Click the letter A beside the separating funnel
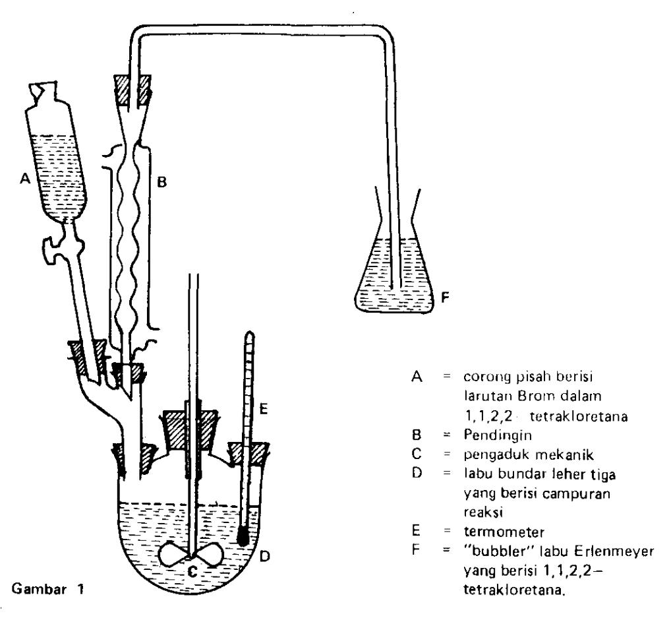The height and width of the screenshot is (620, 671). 25,178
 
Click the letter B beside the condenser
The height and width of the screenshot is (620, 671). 161,183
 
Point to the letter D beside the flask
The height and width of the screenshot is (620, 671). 265,556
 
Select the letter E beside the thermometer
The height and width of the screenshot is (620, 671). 264,409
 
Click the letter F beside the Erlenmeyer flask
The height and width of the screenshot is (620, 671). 445,297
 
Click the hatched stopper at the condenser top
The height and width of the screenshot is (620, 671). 132,90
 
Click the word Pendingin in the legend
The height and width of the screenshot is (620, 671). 498,435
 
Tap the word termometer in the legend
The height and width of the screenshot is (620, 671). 504,532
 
